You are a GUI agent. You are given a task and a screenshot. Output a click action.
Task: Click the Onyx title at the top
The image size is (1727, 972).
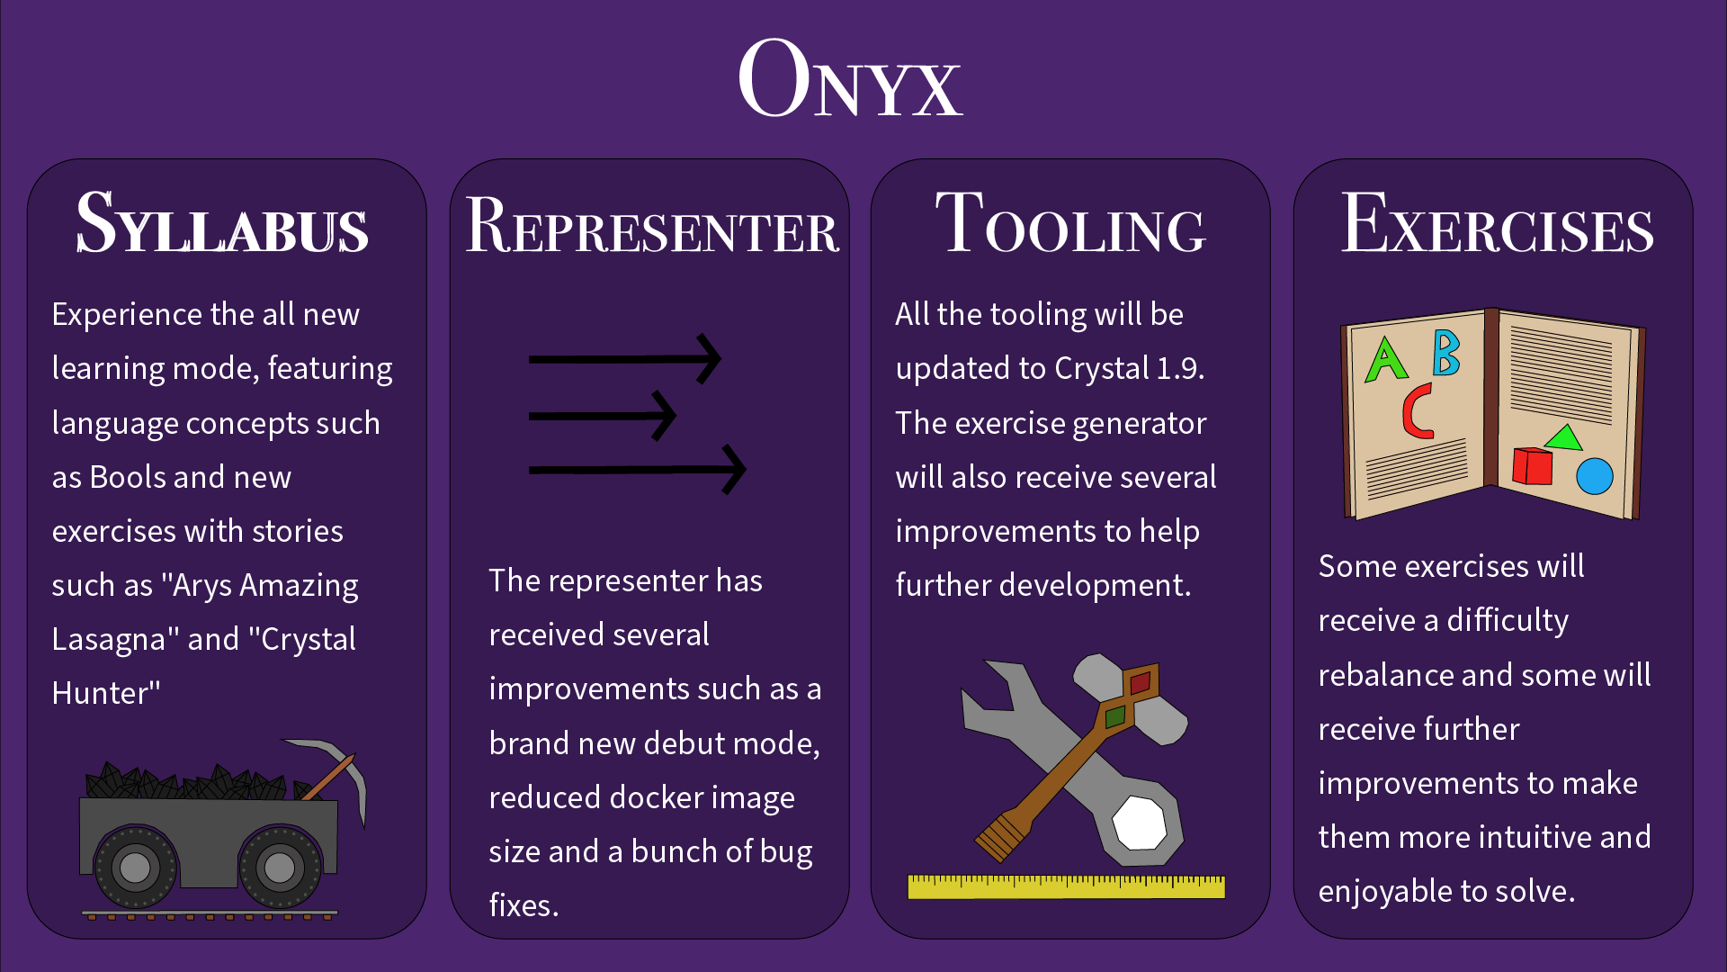coord(850,79)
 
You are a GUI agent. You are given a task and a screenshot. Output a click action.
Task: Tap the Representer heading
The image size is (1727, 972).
coord(651,225)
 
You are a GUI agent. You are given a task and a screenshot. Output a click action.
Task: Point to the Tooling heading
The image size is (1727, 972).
coord(1070,223)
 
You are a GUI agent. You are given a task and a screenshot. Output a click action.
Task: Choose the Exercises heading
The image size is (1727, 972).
coord(1497,223)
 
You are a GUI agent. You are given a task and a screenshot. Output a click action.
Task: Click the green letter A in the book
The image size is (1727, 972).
coord(1385,359)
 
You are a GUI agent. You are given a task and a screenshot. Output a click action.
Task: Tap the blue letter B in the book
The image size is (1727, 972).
coord(1445,352)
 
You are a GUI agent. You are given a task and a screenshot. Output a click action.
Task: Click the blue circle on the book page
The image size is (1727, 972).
coord(1595,476)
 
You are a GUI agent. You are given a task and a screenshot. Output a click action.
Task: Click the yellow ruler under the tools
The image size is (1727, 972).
coord(1066,886)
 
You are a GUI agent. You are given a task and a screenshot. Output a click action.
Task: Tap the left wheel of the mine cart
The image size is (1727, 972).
coord(135,868)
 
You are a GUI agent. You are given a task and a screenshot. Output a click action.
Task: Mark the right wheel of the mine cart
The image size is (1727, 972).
coord(279,868)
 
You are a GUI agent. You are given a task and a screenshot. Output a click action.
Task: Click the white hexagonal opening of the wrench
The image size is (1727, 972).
coord(1140,823)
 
